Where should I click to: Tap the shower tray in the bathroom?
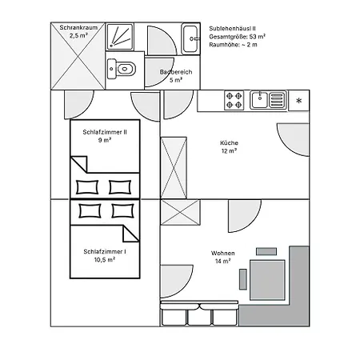[120, 37]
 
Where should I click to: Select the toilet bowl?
[126, 69]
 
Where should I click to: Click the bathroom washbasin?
[190, 39]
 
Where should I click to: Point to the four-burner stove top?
[234, 100]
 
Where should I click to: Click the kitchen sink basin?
[259, 100]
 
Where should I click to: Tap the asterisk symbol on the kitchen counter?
[299, 101]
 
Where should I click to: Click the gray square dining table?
[267, 280]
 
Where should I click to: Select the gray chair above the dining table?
[266, 251]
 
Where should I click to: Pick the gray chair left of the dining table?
[243, 279]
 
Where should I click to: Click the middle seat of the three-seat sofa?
[199, 317]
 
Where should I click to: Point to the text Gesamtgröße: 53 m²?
[237, 37]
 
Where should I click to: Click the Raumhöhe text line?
[233, 45]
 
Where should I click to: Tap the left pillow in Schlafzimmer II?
[87, 187]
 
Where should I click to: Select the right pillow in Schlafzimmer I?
[122, 211]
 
